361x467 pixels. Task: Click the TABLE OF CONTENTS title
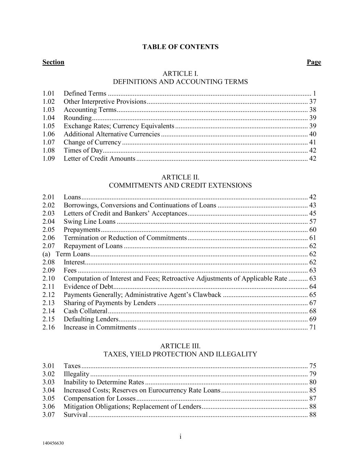[180, 47]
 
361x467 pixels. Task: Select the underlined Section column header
[53, 62]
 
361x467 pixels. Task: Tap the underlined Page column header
[314, 62]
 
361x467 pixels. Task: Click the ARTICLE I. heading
[180, 74]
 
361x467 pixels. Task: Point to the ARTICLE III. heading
[180, 346]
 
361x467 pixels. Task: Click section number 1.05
[49, 126]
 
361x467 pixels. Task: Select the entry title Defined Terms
[85, 93]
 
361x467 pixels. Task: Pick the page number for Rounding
[312, 118]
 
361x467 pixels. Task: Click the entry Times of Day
[83, 150]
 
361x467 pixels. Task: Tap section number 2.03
[49, 213]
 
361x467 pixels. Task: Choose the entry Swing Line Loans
[89, 221]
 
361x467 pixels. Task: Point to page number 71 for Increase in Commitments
[312, 327]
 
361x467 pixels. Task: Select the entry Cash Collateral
[85, 311]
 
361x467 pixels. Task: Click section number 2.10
[49, 278]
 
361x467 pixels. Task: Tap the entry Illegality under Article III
[76, 374]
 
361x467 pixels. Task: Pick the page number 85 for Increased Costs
[312, 390]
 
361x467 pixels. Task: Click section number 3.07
[49, 415]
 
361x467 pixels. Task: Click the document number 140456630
[53, 443]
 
